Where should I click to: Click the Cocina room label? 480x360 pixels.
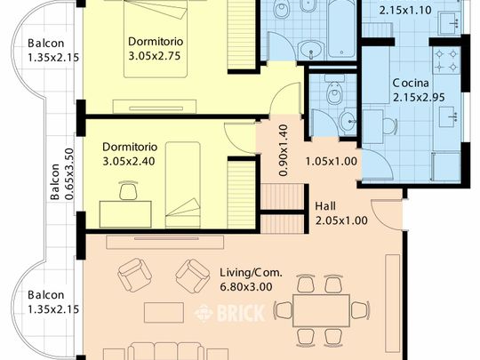pyautogui.click(x=411, y=83)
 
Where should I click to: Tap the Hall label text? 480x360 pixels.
pyautogui.click(x=325, y=206)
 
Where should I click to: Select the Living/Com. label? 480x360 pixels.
pyautogui.click(x=251, y=272)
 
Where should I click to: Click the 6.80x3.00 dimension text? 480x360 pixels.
pyautogui.click(x=246, y=287)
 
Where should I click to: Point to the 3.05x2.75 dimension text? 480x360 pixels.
pyautogui.click(x=155, y=56)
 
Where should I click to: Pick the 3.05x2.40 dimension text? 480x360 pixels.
pyautogui.click(x=129, y=161)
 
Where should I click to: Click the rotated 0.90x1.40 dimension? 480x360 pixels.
pyautogui.click(x=284, y=150)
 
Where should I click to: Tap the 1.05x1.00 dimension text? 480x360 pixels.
pyautogui.click(x=332, y=161)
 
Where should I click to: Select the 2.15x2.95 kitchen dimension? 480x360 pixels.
pyautogui.click(x=419, y=98)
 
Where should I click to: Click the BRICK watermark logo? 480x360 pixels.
pyautogui.click(x=229, y=313)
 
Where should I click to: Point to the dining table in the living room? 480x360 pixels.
pyautogui.click(x=321, y=311)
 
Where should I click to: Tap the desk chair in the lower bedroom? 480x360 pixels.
pyautogui.click(x=128, y=190)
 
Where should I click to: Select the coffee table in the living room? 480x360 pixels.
pyautogui.click(x=164, y=313)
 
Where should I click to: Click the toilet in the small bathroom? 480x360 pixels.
pyautogui.click(x=334, y=90)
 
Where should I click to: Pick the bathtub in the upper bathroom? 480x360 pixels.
pyautogui.click(x=341, y=29)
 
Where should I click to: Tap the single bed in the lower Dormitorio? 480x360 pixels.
pyautogui.click(x=183, y=185)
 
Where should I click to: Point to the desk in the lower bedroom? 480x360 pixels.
pyautogui.click(x=125, y=214)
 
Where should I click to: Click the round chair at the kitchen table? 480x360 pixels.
pyautogui.click(x=389, y=126)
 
